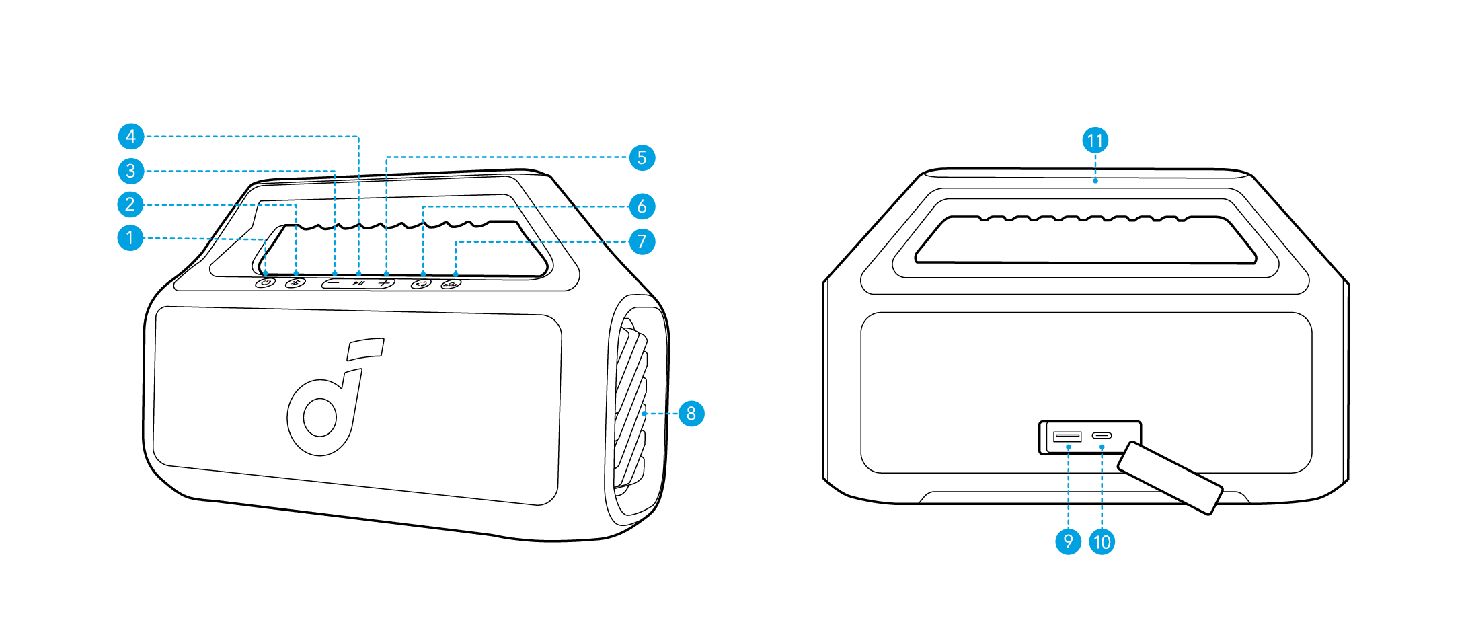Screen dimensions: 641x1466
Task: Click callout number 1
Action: [x=130, y=237]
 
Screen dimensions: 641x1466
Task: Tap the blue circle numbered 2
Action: [x=130, y=204]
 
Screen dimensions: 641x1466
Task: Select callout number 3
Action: [x=130, y=171]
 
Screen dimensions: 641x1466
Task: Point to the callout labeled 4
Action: [x=130, y=137]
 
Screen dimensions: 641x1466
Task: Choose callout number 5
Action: [x=642, y=157]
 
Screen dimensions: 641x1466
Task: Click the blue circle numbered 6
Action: [x=642, y=206]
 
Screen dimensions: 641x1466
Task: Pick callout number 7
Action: [x=642, y=241]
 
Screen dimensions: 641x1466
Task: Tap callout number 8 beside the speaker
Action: [x=691, y=413]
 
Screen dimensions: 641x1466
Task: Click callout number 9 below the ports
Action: [x=1068, y=541]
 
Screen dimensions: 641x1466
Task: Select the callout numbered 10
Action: [x=1102, y=541]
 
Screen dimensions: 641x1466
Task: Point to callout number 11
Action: [x=1095, y=141]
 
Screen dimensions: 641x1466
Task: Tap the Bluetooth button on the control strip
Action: [x=295, y=283]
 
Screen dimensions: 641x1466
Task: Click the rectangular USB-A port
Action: [x=1067, y=437]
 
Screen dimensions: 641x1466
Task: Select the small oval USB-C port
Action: [x=1101, y=436]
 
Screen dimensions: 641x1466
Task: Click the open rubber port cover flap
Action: [x=1169, y=478]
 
